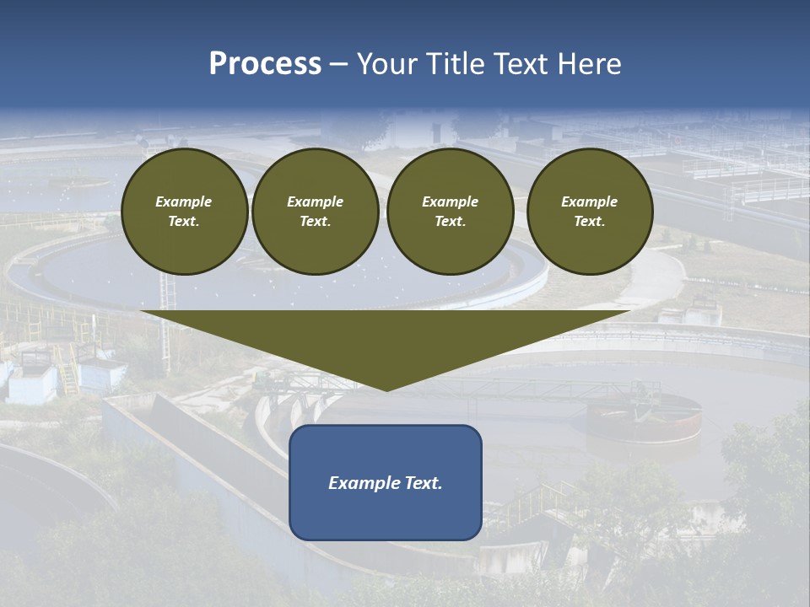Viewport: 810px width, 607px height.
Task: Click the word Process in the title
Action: [x=265, y=64]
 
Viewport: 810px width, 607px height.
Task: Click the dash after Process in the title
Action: [x=338, y=65]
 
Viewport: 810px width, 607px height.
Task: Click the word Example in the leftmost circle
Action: [x=184, y=201]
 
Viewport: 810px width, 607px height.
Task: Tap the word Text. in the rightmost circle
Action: [x=589, y=221]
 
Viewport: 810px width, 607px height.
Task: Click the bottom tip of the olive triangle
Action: [x=386, y=389]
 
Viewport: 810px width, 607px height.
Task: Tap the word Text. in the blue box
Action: [x=423, y=483]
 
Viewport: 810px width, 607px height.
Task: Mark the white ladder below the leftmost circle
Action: [x=170, y=292]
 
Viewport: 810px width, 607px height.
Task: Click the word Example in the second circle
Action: [x=315, y=201]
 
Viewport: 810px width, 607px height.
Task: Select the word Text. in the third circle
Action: [x=450, y=221]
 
